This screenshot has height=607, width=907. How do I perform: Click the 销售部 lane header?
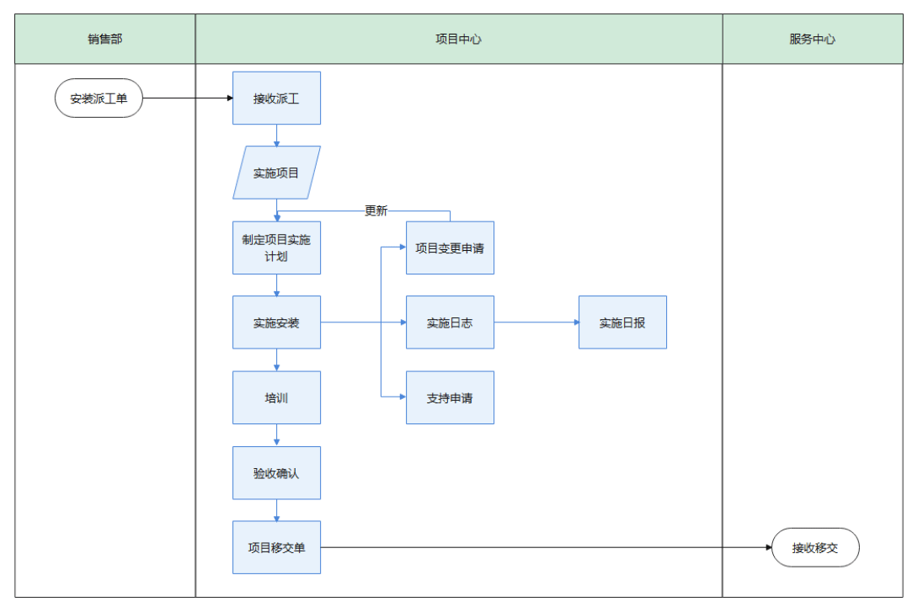[105, 40]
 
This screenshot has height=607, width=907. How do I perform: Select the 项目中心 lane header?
[458, 40]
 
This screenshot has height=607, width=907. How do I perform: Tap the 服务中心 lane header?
[812, 40]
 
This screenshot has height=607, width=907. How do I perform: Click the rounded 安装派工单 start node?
[99, 99]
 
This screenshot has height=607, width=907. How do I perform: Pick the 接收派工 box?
[276, 99]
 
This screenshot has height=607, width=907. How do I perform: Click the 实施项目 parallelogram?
[276, 173]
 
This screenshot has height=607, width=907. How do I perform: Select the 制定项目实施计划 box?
[276, 248]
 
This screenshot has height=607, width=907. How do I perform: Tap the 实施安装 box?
[276, 322]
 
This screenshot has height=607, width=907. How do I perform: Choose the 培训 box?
[276, 397]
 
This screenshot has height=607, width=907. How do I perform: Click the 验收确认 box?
[276, 473]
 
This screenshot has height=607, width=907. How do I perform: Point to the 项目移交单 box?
[276, 547]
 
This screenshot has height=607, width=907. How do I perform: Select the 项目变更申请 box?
[450, 248]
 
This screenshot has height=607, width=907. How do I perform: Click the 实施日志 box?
[450, 322]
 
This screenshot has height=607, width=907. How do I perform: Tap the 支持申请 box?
[450, 397]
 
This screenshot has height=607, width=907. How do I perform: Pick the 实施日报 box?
[622, 322]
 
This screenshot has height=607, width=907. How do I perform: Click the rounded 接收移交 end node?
[815, 547]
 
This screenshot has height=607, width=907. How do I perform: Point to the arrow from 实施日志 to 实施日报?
[536, 322]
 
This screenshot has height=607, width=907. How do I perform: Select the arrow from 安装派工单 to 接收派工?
[187, 99]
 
